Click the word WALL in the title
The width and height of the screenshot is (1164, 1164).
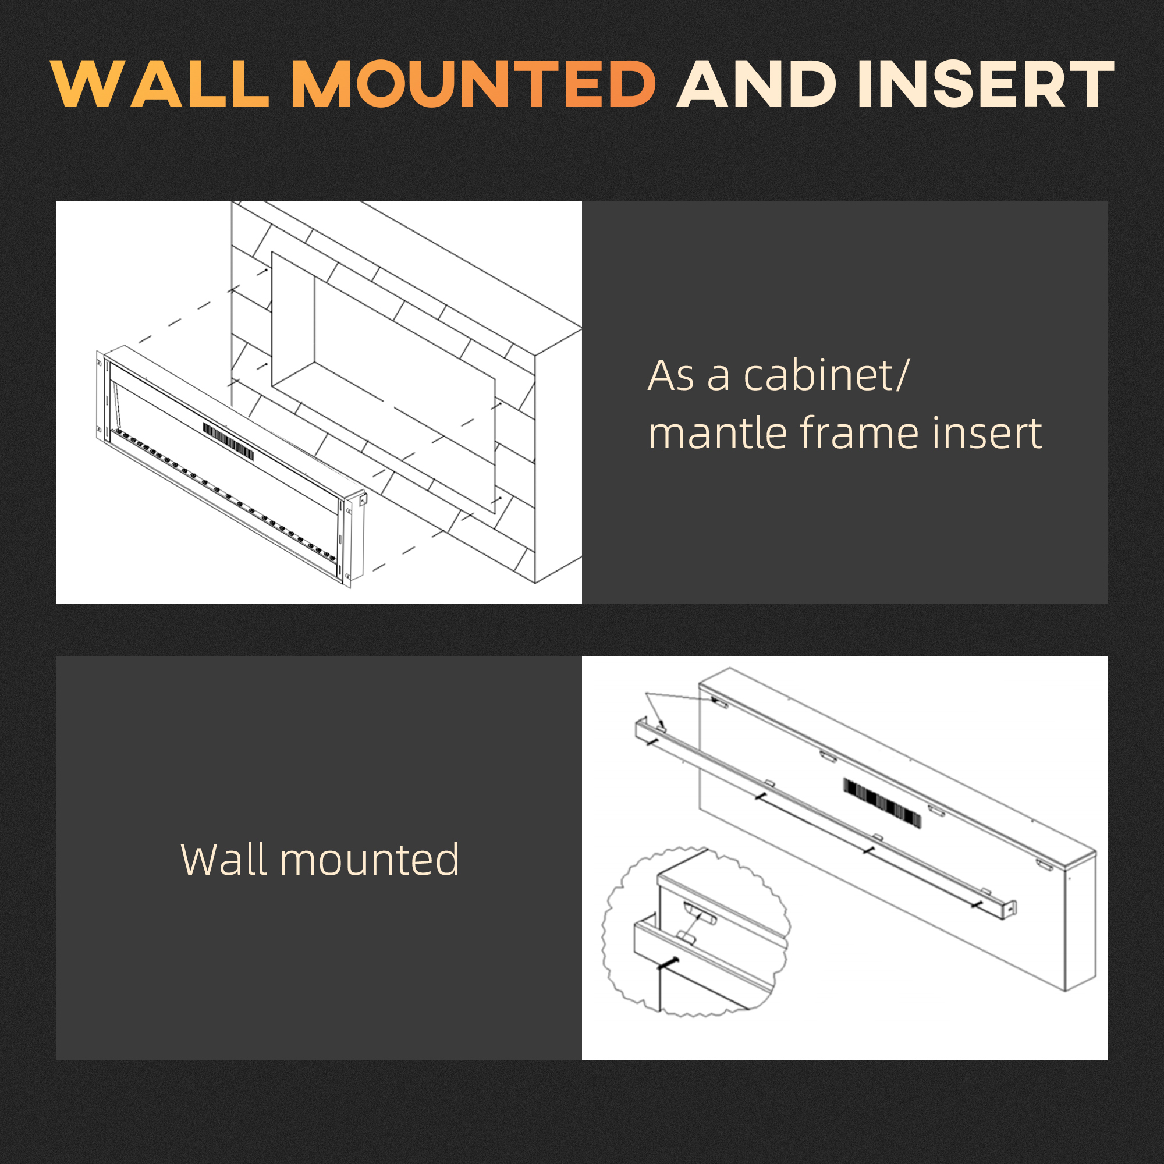coord(159,84)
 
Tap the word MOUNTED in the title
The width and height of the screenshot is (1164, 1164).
coord(474,84)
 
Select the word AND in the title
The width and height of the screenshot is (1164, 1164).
coord(757,84)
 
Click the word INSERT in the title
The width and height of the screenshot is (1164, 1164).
coord(986,84)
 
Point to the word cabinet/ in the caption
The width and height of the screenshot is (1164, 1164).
coord(826,376)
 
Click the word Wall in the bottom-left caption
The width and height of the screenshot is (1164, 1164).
coord(223,860)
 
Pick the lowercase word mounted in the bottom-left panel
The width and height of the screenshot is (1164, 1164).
coord(370,860)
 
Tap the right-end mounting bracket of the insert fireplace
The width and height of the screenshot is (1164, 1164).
coord(363,499)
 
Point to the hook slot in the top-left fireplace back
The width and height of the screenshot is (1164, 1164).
coord(719,702)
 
